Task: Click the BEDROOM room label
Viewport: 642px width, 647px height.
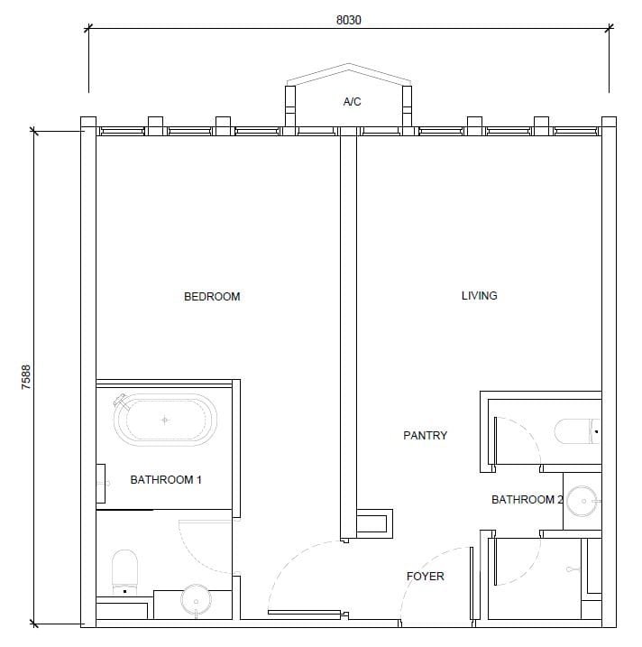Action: (212, 297)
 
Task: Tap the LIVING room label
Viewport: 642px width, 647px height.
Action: (479, 295)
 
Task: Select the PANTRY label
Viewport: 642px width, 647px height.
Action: (425, 435)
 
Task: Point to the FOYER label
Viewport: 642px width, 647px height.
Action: (425, 576)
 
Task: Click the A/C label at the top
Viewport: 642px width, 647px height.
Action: (352, 101)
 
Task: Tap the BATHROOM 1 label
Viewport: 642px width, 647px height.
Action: (166, 479)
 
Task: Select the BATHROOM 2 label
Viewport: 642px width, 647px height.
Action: (527, 499)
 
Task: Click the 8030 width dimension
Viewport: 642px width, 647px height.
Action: (348, 20)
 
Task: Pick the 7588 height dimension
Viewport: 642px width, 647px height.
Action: (25, 377)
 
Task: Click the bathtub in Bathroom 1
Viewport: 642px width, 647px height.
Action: (165, 420)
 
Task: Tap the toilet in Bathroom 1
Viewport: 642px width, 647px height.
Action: (124, 572)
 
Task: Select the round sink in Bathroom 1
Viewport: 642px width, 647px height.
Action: (196, 600)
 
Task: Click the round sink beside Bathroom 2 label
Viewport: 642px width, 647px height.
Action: (582, 501)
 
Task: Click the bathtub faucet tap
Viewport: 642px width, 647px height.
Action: (121, 400)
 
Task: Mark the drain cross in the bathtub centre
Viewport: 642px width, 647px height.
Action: (165, 421)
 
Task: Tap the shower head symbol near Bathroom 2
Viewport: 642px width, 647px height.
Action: (572, 569)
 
